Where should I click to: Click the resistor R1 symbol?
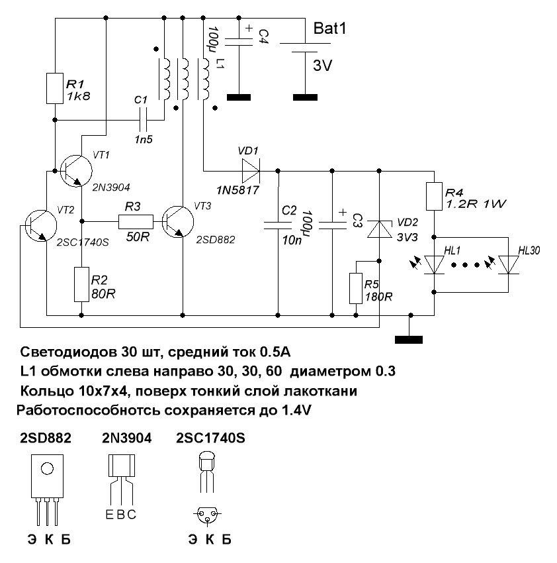point(55,89)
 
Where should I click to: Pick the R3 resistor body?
point(136,221)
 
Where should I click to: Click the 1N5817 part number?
point(237,190)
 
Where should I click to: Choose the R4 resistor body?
point(434,197)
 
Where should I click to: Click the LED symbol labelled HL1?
point(434,264)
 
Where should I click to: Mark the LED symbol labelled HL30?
point(509,264)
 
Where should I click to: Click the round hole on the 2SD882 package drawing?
point(47,469)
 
